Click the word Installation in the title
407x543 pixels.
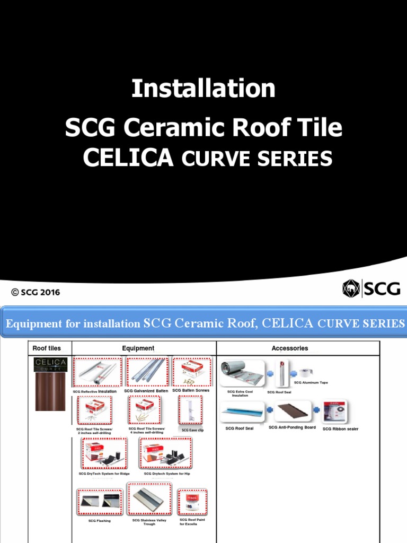pos(203,89)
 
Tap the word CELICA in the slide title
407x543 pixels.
pos(129,157)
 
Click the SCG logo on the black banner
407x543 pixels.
pos(371,288)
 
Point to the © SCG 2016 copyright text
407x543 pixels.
pos(36,292)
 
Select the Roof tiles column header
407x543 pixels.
pos(47,348)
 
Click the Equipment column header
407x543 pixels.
pos(138,348)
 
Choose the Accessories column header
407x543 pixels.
pos(289,348)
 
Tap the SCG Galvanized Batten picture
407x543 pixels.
pos(147,372)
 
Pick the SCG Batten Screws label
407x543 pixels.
pos(191,390)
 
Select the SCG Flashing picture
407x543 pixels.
pos(100,502)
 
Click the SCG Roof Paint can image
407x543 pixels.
pos(192,502)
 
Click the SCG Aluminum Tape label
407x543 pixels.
pos(311,382)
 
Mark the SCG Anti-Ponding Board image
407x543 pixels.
pos(291,413)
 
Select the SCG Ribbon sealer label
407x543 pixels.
pos(340,428)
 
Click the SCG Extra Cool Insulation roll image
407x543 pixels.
pos(242,374)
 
